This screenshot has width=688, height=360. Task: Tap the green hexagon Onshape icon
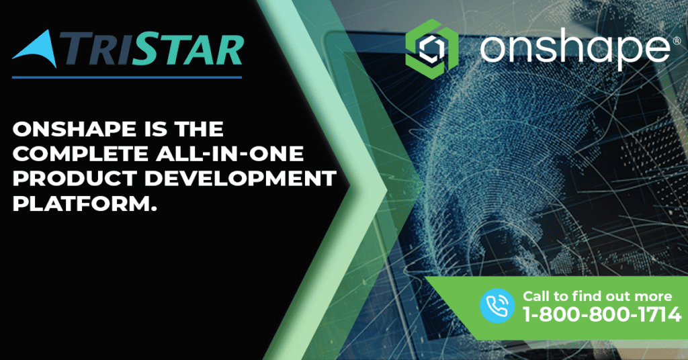click(432, 48)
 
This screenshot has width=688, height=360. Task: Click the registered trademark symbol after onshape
click(677, 41)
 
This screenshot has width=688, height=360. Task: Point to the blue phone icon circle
click(497, 306)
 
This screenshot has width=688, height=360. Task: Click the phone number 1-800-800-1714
click(602, 314)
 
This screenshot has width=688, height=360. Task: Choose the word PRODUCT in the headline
click(75, 179)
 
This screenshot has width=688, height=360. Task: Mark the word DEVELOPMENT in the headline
click(240, 179)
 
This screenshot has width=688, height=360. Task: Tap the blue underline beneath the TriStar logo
click(127, 78)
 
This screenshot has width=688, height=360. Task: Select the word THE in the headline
click(199, 129)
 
